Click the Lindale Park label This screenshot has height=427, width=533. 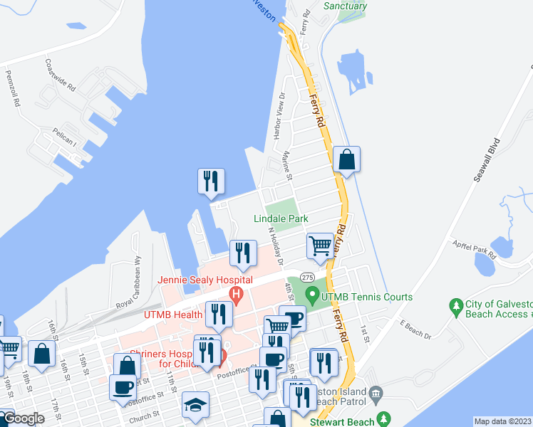coord(281,218)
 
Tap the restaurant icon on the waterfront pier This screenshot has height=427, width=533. coord(211,181)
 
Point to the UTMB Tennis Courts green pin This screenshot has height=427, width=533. coord(311,293)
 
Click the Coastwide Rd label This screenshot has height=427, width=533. coord(60,76)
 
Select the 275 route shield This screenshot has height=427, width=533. coord(307,277)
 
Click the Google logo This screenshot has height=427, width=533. coord(24,418)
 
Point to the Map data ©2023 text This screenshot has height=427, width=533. coord(502,421)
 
